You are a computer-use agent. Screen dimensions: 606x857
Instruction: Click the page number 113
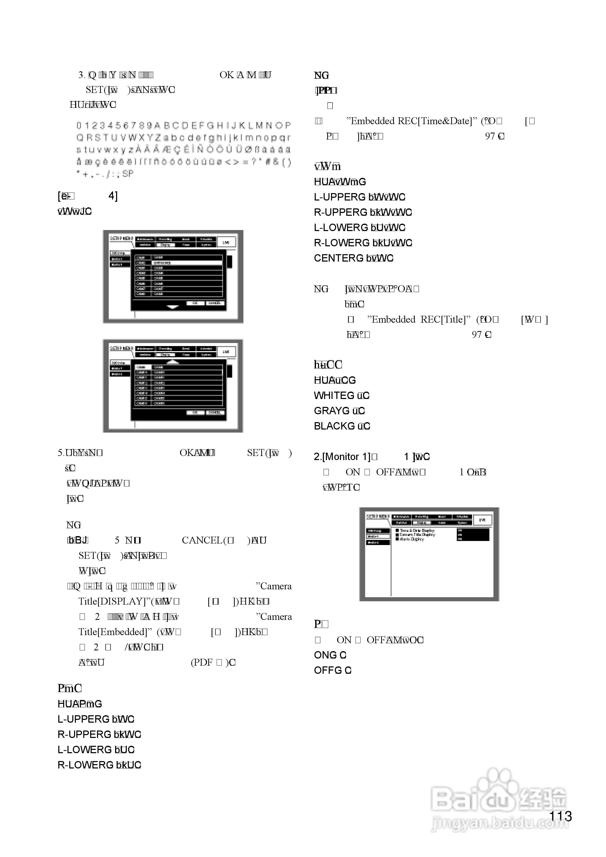click(560, 816)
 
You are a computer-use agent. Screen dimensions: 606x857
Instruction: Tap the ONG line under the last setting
click(325, 655)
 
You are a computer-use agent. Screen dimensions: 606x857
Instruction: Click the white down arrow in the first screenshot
click(173, 307)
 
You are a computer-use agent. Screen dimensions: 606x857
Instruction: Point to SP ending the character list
click(128, 174)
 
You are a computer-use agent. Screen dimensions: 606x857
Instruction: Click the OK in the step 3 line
click(226, 75)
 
